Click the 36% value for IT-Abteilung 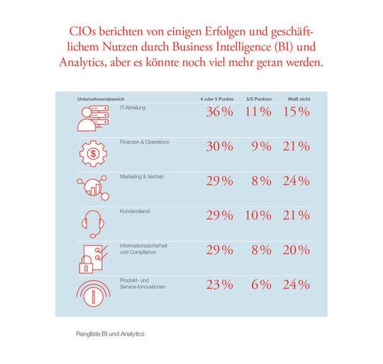(218, 113)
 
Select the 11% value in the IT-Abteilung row (257, 113)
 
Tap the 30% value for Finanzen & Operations (218, 147)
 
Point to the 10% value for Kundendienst (257, 215)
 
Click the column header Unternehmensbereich (101, 97)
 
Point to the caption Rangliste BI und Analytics (110, 333)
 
